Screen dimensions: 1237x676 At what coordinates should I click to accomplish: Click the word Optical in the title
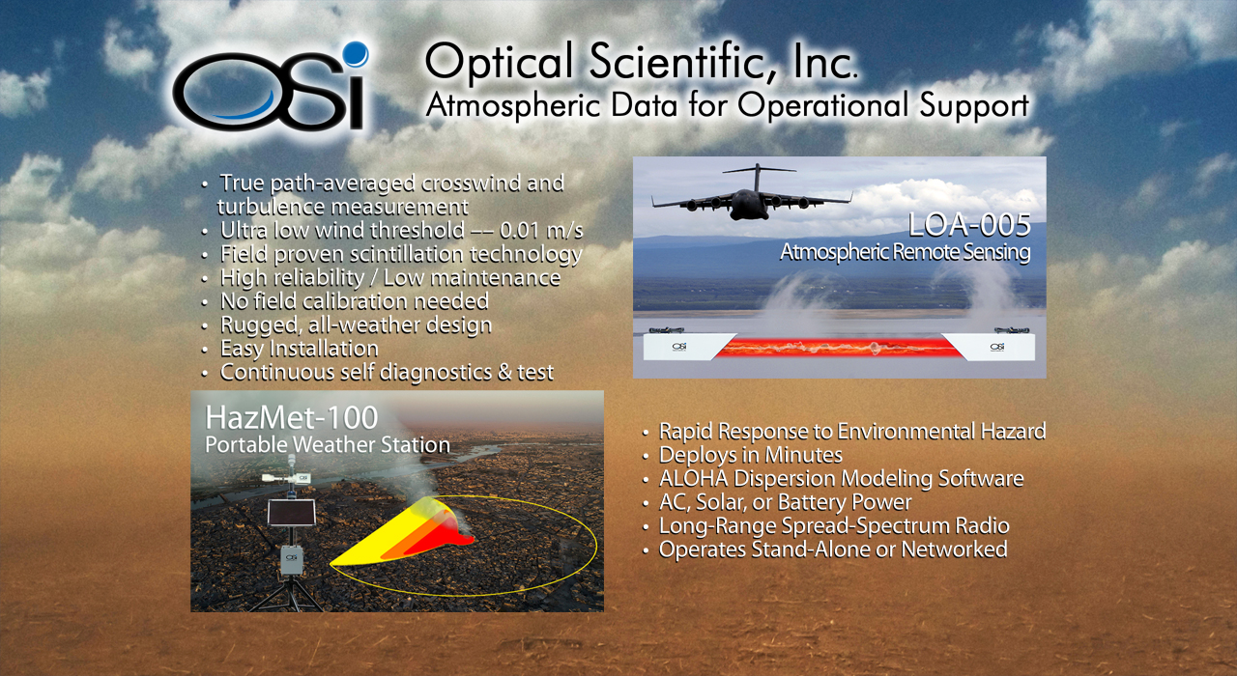(x=500, y=62)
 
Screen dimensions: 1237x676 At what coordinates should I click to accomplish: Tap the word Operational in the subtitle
(x=822, y=105)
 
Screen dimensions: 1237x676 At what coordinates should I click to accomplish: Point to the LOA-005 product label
(x=969, y=225)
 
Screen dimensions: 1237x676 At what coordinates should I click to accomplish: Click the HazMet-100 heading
(x=292, y=418)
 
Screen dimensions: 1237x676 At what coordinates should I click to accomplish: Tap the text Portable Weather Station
(x=328, y=445)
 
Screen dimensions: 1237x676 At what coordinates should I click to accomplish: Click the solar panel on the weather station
(x=291, y=513)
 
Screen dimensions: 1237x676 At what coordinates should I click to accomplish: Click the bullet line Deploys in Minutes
(x=751, y=455)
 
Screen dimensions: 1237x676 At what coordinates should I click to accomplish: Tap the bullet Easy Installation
(x=300, y=349)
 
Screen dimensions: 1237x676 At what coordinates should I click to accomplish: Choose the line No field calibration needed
(x=355, y=301)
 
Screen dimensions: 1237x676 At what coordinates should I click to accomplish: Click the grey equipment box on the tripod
(x=291, y=559)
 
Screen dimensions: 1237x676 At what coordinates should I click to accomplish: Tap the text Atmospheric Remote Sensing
(x=906, y=252)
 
